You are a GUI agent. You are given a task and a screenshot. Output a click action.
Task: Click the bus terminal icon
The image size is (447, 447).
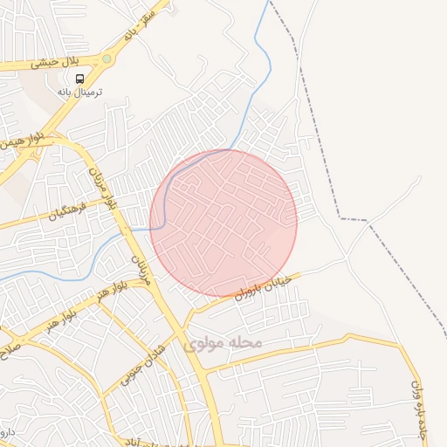coord(80,78)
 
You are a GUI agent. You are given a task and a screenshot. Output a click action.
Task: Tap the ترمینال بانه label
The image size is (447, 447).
coord(80,91)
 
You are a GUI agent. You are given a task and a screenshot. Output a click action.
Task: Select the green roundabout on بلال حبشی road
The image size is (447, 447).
coord(107,59)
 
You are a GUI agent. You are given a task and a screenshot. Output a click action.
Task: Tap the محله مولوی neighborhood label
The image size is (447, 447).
coord(223,344)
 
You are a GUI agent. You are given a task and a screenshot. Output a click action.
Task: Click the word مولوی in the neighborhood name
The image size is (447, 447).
coord(206,344)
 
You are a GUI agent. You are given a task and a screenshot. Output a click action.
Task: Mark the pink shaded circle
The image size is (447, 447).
coord(223,223)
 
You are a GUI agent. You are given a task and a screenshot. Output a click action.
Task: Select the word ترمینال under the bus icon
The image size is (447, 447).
coord(88,91)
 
